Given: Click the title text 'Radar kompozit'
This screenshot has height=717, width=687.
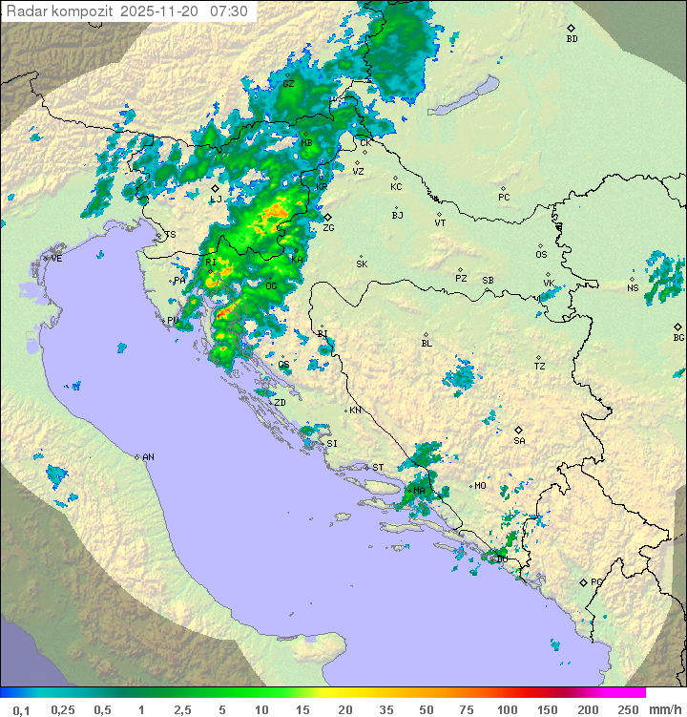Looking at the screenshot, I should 60,11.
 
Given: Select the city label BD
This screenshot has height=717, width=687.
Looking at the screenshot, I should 572,39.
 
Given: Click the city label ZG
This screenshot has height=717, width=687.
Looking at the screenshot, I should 328,228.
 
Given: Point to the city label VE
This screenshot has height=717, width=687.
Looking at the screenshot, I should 56,259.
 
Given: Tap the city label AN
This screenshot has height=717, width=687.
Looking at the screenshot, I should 148,457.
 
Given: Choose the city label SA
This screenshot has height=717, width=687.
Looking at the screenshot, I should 519,441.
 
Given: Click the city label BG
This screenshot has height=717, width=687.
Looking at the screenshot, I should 678,337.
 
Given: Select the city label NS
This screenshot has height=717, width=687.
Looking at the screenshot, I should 633,287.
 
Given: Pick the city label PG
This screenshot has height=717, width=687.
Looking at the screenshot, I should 596,581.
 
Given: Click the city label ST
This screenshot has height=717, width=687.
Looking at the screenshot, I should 378,467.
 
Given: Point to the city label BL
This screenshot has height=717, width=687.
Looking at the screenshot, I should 427,343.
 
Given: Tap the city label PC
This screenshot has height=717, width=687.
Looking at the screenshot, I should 504,198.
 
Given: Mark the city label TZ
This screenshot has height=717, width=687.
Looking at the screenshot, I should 540,366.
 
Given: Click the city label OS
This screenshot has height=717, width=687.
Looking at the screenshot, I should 541,255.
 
